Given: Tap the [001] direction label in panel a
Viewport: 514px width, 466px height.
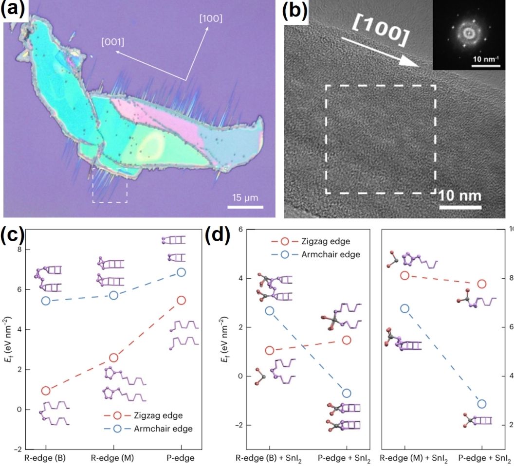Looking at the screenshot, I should (x=112, y=42).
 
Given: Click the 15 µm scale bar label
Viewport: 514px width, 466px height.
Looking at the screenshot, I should (x=245, y=198).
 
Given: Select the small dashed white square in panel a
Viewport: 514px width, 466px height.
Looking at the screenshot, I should (x=110, y=186).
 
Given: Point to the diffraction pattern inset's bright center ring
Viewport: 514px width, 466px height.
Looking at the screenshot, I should (x=470, y=33).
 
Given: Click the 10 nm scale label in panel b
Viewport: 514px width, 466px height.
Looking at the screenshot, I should (x=459, y=196).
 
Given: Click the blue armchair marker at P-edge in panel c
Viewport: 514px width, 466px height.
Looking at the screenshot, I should (x=181, y=272).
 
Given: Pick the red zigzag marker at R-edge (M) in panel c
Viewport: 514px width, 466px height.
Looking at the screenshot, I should (x=113, y=358).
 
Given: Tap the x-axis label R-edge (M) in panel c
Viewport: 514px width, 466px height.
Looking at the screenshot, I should (x=113, y=458).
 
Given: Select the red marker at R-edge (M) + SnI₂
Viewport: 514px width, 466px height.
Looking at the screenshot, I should (x=404, y=276).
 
